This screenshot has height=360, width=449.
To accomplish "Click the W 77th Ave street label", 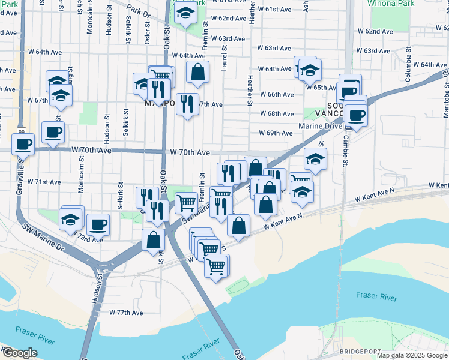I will [126, 313].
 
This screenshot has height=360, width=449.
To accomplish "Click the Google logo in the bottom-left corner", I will [20, 353].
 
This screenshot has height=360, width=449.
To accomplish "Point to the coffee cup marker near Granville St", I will [23, 145].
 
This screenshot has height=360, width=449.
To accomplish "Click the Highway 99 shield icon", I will [22, 131].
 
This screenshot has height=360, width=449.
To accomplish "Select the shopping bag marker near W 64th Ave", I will [197, 73].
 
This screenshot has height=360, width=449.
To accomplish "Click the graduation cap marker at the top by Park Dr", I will [186, 13].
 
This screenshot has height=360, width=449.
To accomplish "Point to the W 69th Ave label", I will [276, 133].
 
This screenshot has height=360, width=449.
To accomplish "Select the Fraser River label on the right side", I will [376, 295].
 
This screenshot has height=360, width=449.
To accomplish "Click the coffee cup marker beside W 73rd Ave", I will [98, 225].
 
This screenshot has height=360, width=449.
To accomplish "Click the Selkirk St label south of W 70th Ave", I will [121, 196].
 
